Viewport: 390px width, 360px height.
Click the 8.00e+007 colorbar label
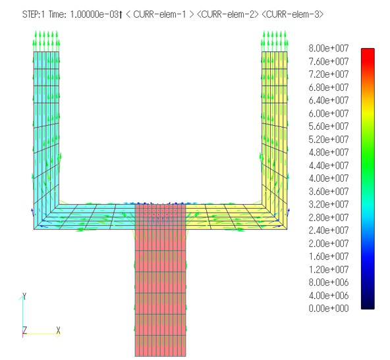tap(329, 48)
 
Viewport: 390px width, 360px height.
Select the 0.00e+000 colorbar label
tap(329, 308)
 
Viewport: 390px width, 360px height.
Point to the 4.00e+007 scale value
tap(329, 178)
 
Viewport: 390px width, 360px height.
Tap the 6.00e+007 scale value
tap(329, 113)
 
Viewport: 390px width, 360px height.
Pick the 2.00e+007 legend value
tap(329, 244)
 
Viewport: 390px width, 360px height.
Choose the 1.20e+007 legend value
tap(329, 269)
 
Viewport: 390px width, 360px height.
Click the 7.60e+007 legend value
tap(329, 61)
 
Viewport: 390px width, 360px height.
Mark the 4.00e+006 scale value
tap(329, 296)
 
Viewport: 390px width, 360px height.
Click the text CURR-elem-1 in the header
tap(159, 14)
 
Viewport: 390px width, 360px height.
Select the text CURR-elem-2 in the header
tap(228, 14)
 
